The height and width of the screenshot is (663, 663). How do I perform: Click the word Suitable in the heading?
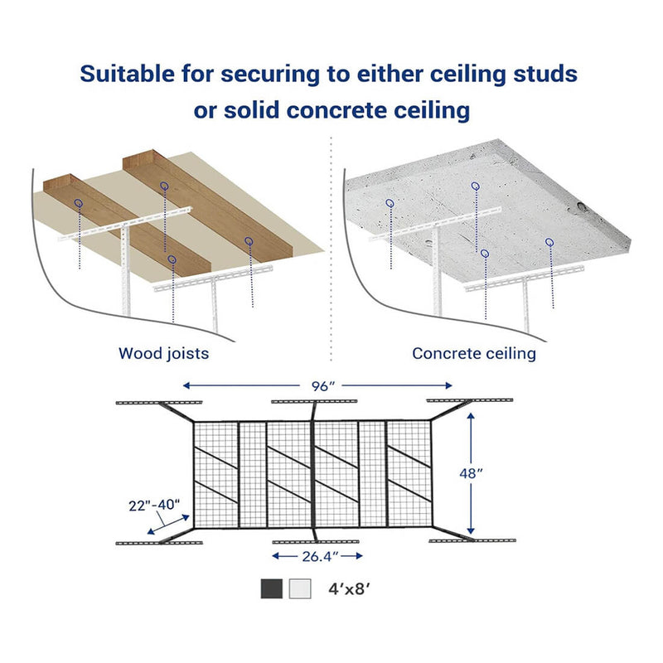click(x=128, y=74)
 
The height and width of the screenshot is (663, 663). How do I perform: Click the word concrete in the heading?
click(x=336, y=110)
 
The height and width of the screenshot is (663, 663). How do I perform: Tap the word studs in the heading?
click(x=545, y=74)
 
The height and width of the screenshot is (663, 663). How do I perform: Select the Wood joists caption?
click(x=163, y=354)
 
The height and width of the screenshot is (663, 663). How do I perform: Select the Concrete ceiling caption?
click(x=474, y=354)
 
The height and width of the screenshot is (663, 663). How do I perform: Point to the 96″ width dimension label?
click(x=323, y=386)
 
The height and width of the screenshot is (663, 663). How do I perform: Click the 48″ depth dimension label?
click(x=471, y=473)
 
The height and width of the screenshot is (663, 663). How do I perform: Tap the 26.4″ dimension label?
click(x=319, y=556)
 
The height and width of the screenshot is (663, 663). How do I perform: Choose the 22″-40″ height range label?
click(x=154, y=506)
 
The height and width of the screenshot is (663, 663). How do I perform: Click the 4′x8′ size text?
click(x=349, y=588)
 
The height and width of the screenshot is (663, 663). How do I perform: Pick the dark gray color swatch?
click(x=272, y=588)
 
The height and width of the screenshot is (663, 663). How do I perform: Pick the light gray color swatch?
click(x=300, y=588)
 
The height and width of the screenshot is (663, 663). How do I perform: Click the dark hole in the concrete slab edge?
click(x=583, y=207)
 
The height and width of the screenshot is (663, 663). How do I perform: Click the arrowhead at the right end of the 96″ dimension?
click(x=448, y=385)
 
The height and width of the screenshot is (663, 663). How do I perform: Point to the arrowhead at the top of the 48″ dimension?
click(x=471, y=417)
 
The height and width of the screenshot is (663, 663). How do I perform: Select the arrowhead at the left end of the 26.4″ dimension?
click(x=276, y=556)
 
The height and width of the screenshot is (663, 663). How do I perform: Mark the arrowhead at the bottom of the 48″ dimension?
click(x=471, y=530)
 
